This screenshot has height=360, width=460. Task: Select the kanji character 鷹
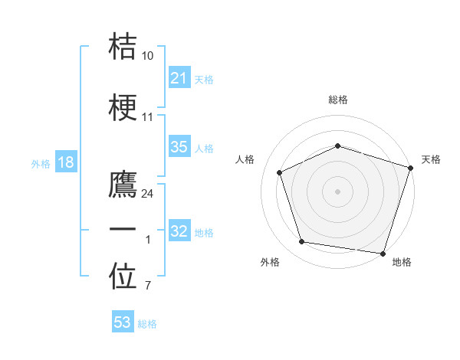(x=123, y=184)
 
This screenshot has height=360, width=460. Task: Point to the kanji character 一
(x=123, y=230)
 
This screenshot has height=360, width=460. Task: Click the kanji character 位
(x=123, y=277)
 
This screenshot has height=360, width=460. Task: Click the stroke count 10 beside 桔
(x=148, y=57)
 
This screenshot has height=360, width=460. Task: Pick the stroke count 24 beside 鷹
(x=148, y=194)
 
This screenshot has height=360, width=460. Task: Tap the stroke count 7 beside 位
(x=148, y=286)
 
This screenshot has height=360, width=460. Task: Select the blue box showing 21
(x=179, y=77)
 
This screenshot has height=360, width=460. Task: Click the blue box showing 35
(x=179, y=147)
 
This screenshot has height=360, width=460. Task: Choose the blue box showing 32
(x=179, y=231)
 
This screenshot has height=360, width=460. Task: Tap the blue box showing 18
(x=66, y=162)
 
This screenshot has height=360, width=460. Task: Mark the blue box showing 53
(x=122, y=322)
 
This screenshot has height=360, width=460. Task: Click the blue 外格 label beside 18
(x=41, y=163)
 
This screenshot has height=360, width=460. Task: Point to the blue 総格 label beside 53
(x=147, y=323)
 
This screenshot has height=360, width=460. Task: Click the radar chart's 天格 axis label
(x=431, y=159)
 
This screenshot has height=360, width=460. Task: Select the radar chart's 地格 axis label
(x=402, y=262)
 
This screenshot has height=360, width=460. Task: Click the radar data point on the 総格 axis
(x=337, y=146)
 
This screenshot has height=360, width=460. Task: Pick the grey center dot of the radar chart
(x=337, y=191)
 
